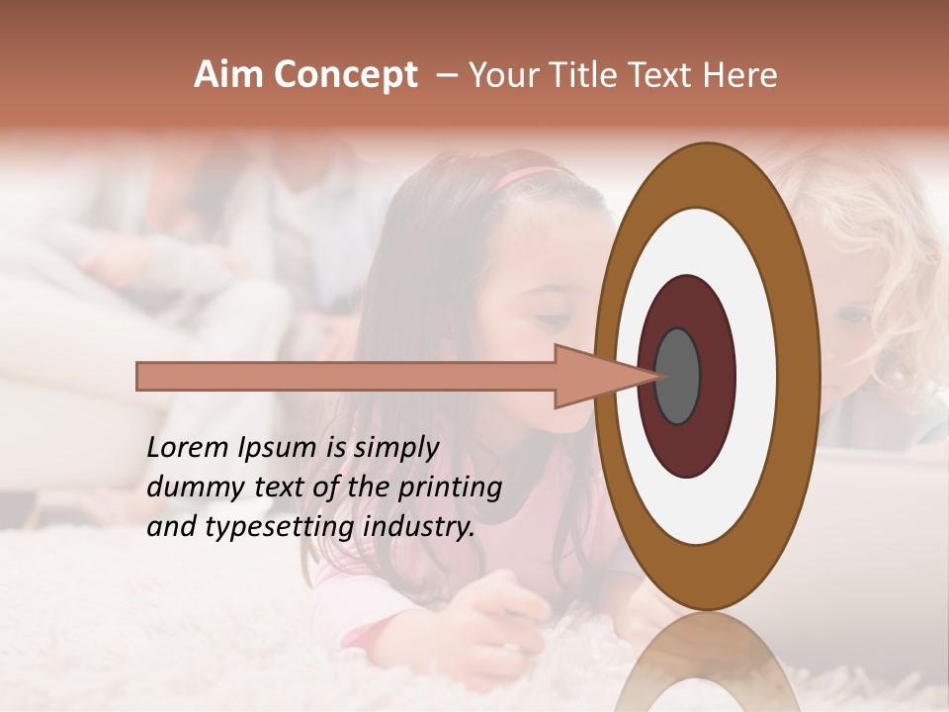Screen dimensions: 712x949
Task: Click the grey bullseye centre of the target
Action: coord(677,376)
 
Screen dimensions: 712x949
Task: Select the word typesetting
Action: coord(279,528)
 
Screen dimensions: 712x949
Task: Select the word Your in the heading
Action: coord(507,75)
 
